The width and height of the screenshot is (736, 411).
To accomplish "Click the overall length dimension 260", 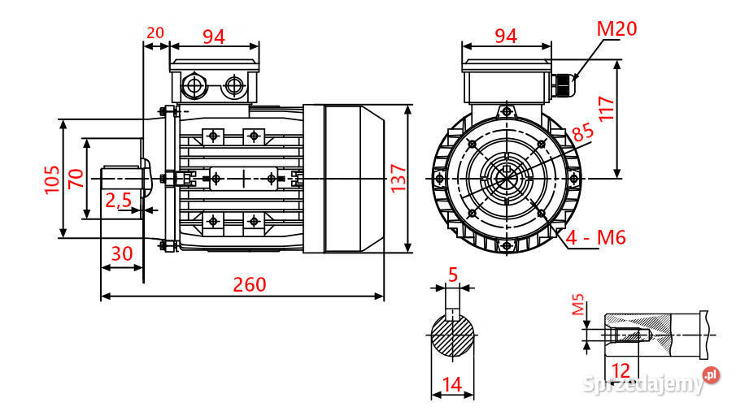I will pos(249,284).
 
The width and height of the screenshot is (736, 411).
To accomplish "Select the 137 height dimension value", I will pos(398,178).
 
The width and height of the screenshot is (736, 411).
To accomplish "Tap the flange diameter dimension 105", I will pos(51,178).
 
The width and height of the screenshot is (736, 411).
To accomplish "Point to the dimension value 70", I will pos(75,178).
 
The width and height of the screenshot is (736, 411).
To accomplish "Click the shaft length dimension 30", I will pos(121,253).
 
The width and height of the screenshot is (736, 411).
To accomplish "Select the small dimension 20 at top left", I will pos(155,32).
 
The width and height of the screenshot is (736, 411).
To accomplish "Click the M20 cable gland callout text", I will pos(616,29).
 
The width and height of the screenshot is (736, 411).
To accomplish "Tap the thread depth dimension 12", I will pos(621,370).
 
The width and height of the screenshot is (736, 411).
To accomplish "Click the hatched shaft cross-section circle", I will pos(453,335).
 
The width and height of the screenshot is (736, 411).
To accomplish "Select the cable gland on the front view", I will pos(562,84).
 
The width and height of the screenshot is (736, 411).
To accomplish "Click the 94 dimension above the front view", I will pos(505,36).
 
